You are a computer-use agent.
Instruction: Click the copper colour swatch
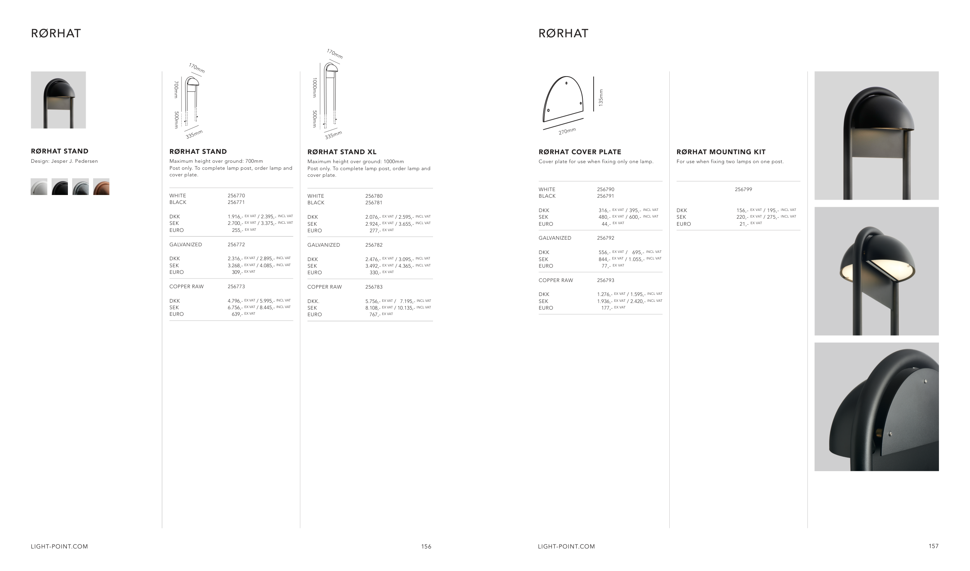coord(101,187)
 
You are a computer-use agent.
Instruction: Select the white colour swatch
coord(39,187)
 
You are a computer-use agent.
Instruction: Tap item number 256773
coord(236,287)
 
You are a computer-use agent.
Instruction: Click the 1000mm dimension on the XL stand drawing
coord(315,88)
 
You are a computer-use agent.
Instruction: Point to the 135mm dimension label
coord(601,98)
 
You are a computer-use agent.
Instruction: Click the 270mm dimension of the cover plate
coord(567,131)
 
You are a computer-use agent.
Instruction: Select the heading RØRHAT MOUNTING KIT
coord(721,152)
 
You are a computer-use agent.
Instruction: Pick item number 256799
coord(743,190)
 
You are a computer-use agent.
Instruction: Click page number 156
coord(426,547)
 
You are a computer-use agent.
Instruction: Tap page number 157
coord(934,546)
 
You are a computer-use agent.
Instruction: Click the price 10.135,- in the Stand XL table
coord(406,308)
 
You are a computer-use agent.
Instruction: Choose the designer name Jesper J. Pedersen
coord(74,161)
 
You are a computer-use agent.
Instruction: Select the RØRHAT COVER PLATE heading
coord(580,152)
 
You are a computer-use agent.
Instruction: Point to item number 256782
coord(374,245)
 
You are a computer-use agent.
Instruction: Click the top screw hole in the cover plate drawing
coord(566,83)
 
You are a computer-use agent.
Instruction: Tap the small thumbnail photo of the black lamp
coord(58,100)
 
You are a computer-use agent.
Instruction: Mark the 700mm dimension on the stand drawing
coord(176,89)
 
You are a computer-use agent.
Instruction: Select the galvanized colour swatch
coord(80,187)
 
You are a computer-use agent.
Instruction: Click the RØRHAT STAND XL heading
coord(342,152)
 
